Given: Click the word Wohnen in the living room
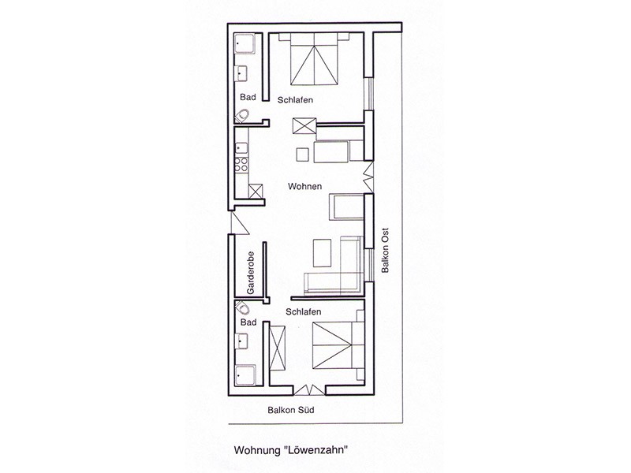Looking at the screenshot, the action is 304,186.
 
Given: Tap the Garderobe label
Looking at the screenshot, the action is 251,273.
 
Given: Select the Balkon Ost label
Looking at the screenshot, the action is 385,250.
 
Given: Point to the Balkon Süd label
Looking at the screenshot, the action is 290,410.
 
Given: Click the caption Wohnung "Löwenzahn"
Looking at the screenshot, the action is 290,449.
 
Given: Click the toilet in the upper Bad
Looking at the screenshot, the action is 242,116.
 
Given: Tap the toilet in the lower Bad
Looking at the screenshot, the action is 242,307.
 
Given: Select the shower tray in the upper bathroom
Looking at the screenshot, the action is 245,44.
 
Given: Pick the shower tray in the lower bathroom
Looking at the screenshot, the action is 245,375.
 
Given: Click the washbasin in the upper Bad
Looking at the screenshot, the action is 241,73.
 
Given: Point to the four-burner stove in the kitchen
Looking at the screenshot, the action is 241,164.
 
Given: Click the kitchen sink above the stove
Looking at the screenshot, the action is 241,147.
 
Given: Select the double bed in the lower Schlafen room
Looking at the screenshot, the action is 338,345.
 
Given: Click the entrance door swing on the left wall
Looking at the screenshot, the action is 240,222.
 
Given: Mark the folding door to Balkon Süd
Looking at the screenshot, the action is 309,389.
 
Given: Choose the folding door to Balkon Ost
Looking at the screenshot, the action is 368,177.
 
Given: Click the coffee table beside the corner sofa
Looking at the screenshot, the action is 322,252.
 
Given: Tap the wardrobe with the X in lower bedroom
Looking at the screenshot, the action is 278,348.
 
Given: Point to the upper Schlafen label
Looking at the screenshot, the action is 295,100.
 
